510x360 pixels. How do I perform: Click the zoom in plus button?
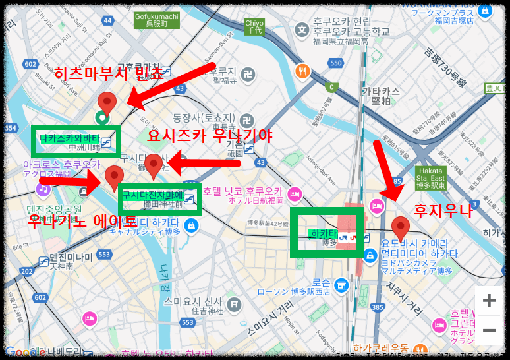[489, 301]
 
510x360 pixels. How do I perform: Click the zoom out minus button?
[489, 330]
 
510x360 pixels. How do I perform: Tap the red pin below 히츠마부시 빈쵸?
[107, 104]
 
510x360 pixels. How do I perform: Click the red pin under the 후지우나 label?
[401, 228]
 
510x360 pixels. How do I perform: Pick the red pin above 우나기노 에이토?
[115, 178]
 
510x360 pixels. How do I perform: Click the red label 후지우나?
[442, 212]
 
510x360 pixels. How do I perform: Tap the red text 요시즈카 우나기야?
[210, 136]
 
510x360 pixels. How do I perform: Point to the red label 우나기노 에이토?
[82, 220]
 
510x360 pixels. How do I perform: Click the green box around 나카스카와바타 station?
[76, 140]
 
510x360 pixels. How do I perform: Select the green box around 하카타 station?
[327, 234]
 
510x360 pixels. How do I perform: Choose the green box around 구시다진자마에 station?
[160, 198]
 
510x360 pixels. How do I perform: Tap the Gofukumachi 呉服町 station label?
[156, 19]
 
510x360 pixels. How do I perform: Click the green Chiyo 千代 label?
[254, 26]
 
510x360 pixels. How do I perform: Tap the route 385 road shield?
[378, 307]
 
